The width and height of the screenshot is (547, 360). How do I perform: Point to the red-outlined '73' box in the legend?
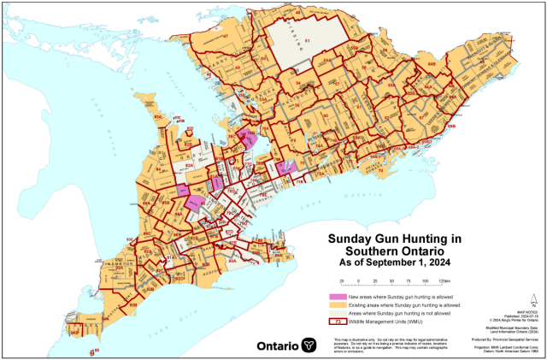tap(338, 322)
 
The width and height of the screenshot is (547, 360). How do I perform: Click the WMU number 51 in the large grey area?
tap(307, 41)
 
